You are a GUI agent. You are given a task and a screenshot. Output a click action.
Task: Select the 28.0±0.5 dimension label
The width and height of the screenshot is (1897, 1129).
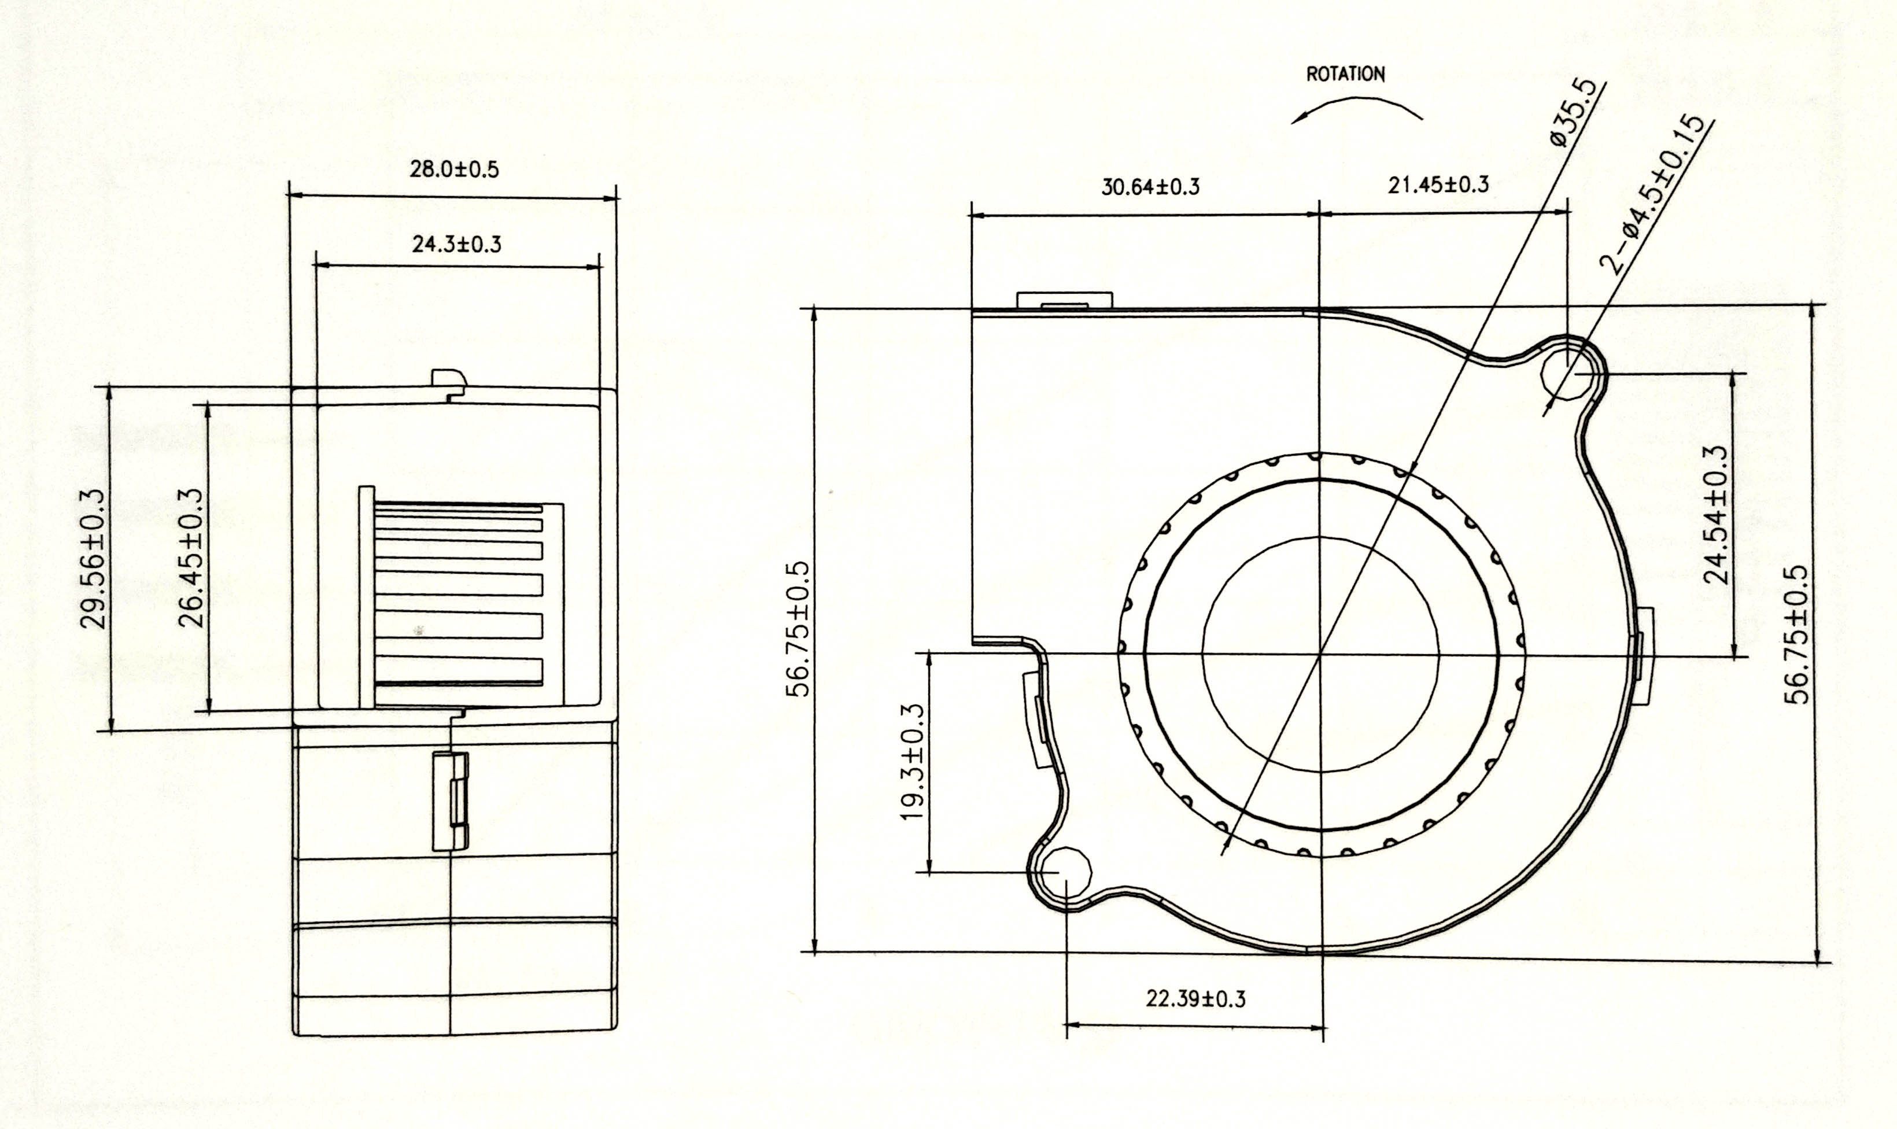[x=455, y=169]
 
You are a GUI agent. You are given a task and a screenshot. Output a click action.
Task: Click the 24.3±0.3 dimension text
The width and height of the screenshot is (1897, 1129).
[x=457, y=244]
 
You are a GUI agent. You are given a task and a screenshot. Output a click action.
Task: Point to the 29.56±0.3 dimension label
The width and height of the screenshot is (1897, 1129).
[x=92, y=559]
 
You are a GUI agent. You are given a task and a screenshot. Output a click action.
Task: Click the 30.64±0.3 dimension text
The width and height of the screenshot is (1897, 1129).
[x=1151, y=186]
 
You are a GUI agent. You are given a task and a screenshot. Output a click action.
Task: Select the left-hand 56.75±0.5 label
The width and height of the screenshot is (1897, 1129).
[x=798, y=630]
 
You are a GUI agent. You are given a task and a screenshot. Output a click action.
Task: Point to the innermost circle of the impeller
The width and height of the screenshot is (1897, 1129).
[x=1321, y=654]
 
